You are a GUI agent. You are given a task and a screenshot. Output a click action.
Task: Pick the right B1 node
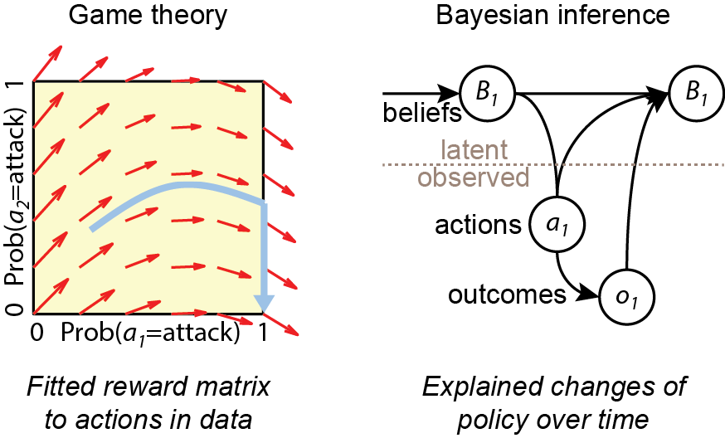[x=695, y=93]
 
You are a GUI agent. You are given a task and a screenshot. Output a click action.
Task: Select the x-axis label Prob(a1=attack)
[x=150, y=334]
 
